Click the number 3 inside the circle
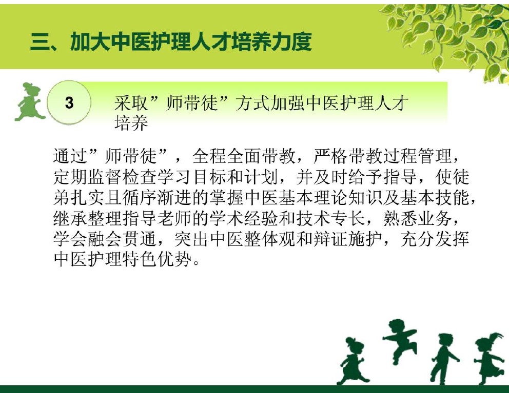tap(69, 103)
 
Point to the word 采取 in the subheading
tap(131, 103)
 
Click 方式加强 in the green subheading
tap(270, 103)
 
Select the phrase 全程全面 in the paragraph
tap(227, 156)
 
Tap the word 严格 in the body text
tap(330, 156)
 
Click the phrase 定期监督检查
tap(105, 177)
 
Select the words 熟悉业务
tap(418, 218)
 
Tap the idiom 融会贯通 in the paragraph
tap(123, 239)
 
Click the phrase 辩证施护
tap(348, 239)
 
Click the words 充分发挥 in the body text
tap(435, 239)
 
